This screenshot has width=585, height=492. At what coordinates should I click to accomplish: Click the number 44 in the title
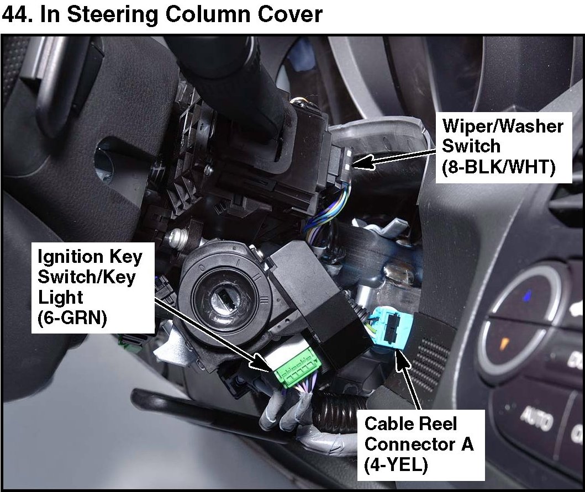[x=17, y=14]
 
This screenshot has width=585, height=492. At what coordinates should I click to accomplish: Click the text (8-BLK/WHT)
[x=498, y=167]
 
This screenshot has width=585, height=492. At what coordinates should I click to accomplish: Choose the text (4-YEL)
[x=396, y=464]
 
